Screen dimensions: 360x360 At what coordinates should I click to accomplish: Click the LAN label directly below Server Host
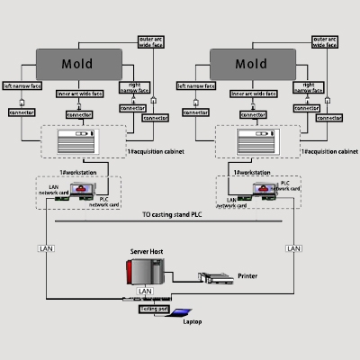pos(146,292)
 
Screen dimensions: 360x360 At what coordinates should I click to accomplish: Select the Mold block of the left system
pos(77,64)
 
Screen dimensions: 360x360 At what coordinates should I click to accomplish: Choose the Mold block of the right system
pos(251,64)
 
